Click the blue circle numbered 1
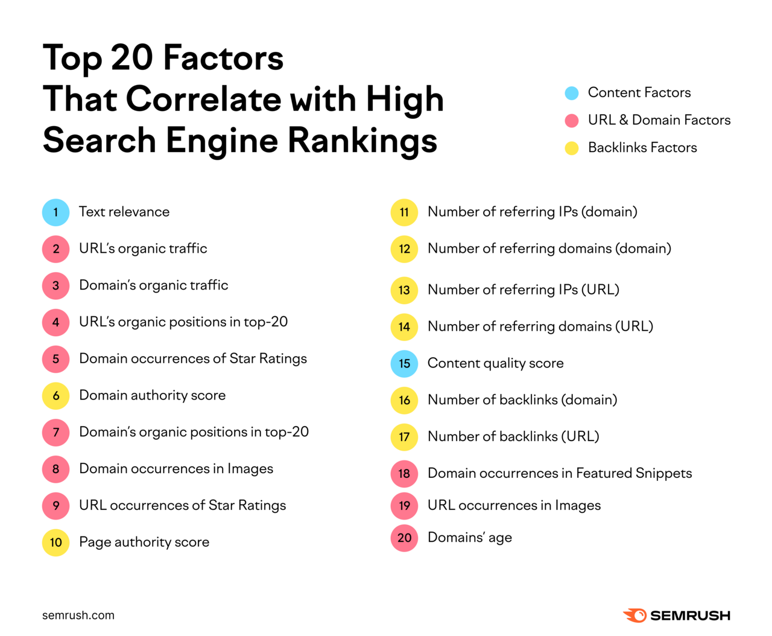55,212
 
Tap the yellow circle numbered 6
55,396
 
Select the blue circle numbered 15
404,364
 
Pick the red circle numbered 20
404,538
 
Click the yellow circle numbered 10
55,542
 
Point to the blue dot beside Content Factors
572,93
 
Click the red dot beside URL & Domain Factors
572,121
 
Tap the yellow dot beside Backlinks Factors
572,148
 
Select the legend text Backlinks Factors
642,148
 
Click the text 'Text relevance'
124,212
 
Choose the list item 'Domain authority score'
152,395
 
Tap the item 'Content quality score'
495,363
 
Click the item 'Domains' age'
469,538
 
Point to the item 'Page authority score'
144,542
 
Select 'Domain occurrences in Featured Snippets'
559,473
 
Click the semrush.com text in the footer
78,615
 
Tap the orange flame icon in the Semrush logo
635,615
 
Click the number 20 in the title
132,58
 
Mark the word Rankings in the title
362,141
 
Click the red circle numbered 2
55,249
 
